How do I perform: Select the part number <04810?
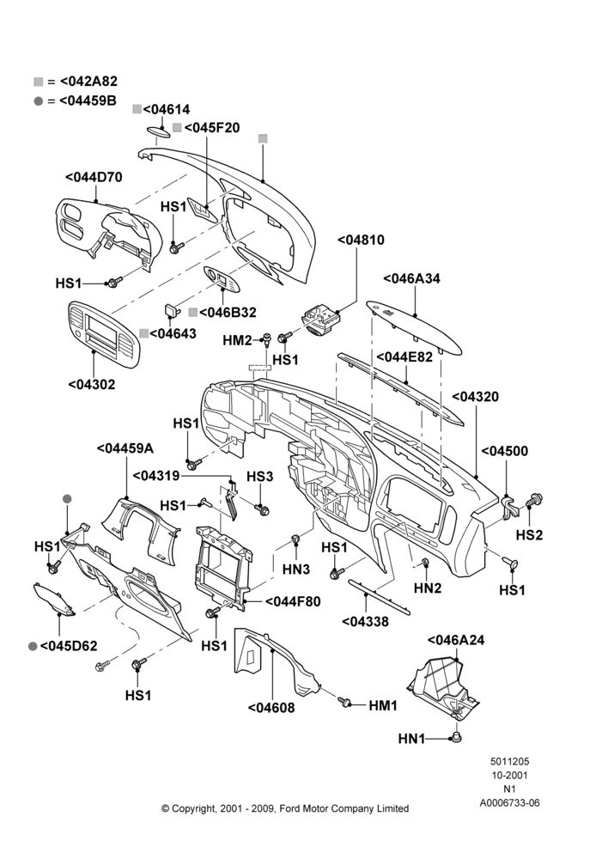[x=361, y=240]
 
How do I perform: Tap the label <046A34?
[x=411, y=278]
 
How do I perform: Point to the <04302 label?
[x=92, y=385]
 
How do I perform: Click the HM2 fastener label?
[x=237, y=341]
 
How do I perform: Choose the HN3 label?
[x=296, y=570]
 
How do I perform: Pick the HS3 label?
[x=259, y=477]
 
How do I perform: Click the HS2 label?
[x=529, y=534]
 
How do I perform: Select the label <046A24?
[x=456, y=640]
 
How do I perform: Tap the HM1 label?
[x=383, y=705]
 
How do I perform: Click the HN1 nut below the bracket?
[x=456, y=737]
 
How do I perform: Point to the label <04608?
[x=271, y=708]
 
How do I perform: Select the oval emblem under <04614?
[x=160, y=131]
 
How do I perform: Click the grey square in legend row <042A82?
[x=39, y=82]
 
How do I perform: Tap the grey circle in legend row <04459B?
[x=39, y=101]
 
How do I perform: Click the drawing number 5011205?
[x=509, y=761]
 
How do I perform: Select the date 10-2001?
[x=509, y=775]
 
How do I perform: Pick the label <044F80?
[x=293, y=601]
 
